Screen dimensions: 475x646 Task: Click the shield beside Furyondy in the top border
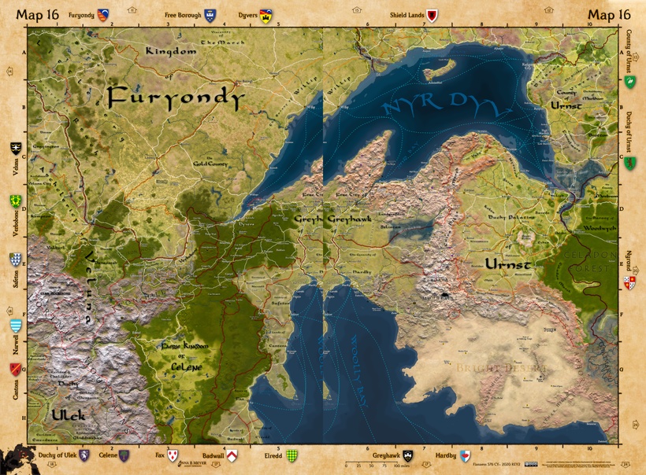tap(103, 15)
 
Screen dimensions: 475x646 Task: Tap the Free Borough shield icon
tap(210, 15)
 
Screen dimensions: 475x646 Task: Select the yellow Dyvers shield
tap(266, 15)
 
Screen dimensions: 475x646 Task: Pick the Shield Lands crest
tap(432, 15)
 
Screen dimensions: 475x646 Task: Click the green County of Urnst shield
tap(629, 82)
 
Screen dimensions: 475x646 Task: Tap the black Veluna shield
tap(15, 148)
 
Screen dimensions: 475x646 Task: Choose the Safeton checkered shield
tap(15, 259)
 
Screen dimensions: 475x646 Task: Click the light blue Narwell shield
tap(15, 325)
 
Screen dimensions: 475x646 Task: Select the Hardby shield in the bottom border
tap(465, 456)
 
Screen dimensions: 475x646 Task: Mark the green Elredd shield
tap(291, 456)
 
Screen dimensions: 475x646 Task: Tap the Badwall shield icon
tap(232, 456)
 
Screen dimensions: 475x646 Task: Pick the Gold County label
tap(210, 164)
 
